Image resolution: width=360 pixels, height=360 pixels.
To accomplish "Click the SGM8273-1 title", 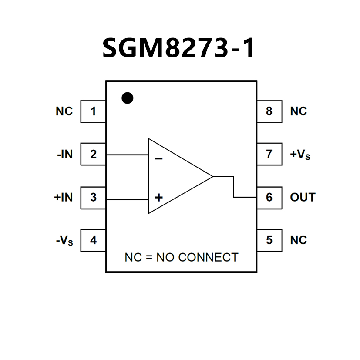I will tap(179, 48).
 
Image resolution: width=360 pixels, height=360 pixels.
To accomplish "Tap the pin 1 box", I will tap(93, 111).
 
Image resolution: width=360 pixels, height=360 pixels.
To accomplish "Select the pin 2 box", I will tap(93, 154).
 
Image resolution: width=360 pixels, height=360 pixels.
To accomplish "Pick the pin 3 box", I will tap(93, 197).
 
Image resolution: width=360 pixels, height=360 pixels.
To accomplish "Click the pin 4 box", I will tap(93, 240).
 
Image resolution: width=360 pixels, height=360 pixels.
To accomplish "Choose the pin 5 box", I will tap(269, 240).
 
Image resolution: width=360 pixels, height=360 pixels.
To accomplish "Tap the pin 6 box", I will tap(269, 197).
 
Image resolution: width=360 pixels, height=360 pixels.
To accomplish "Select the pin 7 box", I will tap(269, 154).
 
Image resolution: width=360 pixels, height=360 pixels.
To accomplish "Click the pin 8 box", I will tap(269, 111).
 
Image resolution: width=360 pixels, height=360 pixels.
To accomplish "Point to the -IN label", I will tap(65, 154).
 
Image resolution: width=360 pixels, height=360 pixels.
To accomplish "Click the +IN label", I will tap(64, 197).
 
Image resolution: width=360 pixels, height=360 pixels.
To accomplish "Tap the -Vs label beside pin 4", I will tap(64, 241).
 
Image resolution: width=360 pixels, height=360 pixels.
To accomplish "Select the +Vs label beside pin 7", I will tap(300, 155).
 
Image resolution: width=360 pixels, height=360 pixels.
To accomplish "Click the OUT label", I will tap(303, 197).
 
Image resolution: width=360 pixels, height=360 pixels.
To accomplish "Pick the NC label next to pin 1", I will tap(64, 111).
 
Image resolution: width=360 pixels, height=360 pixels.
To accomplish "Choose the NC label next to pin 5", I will tap(298, 240).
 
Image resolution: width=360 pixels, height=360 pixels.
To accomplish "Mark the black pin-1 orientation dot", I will tap(128, 98).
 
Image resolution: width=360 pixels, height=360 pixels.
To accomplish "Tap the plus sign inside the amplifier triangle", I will tap(159, 198).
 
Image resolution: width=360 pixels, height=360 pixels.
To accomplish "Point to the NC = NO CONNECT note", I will tap(181, 257).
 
